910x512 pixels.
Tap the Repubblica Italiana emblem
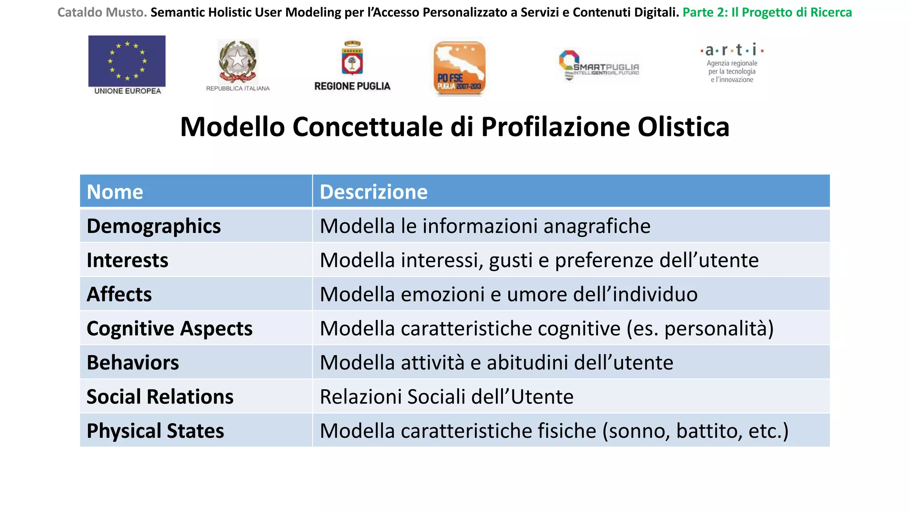[x=238, y=61]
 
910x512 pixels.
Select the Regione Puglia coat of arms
[x=352, y=59]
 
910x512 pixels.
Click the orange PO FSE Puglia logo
[x=459, y=68]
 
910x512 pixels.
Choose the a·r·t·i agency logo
[x=732, y=64]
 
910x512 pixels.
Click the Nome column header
[x=115, y=192]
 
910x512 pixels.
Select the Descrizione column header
[x=374, y=192]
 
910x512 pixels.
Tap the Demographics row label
[x=154, y=226]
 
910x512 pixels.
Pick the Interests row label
[x=128, y=260]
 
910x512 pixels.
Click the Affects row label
[x=119, y=295]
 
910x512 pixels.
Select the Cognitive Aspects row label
[x=170, y=329]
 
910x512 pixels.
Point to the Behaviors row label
[x=133, y=363]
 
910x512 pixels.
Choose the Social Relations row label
[x=160, y=397]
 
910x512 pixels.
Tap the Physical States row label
[x=156, y=431]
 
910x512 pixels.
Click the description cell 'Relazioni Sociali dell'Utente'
[x=447, y=397]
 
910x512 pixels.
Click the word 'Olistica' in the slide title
[x=683, y=127]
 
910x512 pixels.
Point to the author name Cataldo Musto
[x=102, y=12]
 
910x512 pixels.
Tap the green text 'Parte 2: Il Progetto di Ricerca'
[x=767, y=12]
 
